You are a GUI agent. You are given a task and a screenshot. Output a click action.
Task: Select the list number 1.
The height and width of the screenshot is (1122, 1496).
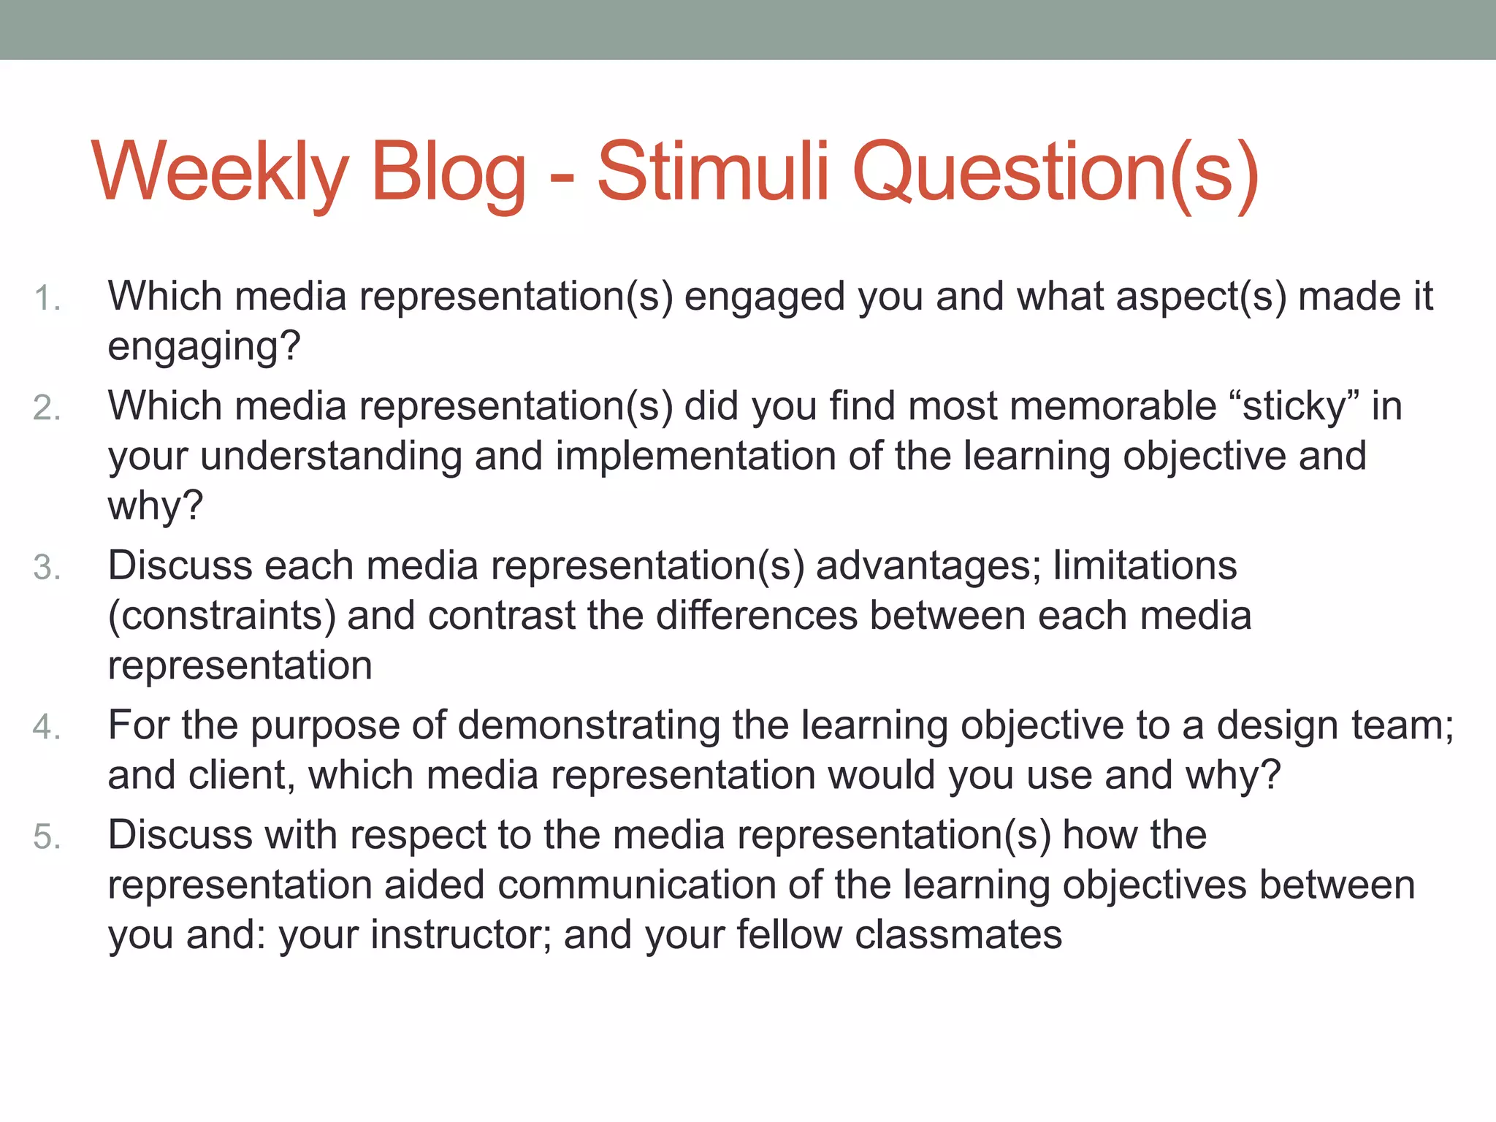point(47,299)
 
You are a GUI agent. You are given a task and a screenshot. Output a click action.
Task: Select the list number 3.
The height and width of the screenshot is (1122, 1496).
point(47,568)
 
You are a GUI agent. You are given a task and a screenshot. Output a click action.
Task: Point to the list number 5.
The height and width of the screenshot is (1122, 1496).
point(47,836)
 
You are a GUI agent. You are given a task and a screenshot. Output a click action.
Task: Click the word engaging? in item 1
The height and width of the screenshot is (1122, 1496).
point(204,346)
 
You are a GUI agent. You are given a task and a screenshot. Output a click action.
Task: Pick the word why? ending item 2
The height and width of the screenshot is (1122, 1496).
point(155,505)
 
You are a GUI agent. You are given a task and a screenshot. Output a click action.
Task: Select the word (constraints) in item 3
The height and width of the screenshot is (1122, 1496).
point(221,616)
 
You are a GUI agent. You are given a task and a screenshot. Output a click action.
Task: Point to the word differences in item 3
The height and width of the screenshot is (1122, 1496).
point(756,616)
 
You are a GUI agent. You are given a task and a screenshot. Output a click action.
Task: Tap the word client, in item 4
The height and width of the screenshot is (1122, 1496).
point(242,775)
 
